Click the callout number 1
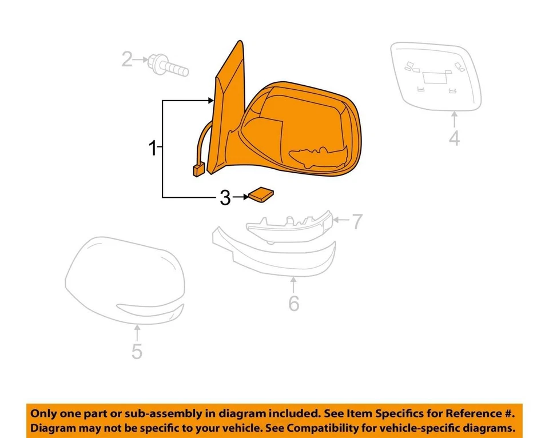(153, 149)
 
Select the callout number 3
(225, 198)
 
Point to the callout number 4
(454, 138)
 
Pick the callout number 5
(137, 351)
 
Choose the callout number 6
(293, 303)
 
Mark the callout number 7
(357, 221)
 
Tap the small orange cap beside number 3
(260, 195)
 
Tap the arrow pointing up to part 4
(455, 119)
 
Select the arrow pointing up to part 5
(137, 332)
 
